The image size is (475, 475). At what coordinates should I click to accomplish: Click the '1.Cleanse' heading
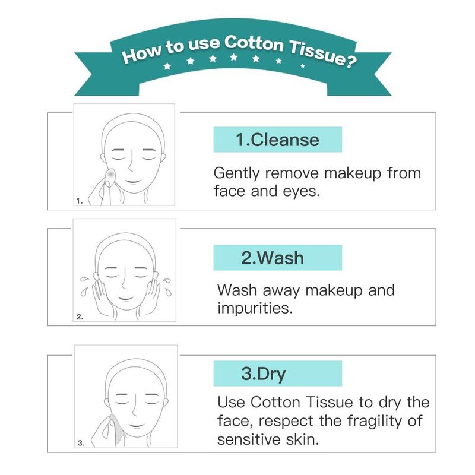tap(277, 140)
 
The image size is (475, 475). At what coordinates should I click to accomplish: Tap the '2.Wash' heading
tap(273, 258)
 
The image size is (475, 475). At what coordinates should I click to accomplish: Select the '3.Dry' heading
tap(263, 374)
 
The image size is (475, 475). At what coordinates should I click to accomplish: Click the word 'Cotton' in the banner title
tap(254, 43)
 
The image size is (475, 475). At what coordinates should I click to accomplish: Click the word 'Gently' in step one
tap(236, 173)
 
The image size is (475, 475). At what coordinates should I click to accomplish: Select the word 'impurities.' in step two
tap(255, 308)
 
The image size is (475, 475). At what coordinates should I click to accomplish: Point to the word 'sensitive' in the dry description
tap(249, 439)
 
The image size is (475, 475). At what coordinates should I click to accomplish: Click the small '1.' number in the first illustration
tap(80, 201)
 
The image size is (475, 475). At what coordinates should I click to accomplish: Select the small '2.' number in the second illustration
tap(80, 317)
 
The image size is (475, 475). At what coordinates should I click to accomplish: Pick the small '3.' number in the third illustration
tap(81, 443)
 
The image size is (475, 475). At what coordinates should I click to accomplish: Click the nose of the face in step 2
tap(124, 280)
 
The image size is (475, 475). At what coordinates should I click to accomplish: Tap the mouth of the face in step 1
tap(133, 182)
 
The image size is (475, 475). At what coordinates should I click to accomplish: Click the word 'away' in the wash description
tap(281, 290)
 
